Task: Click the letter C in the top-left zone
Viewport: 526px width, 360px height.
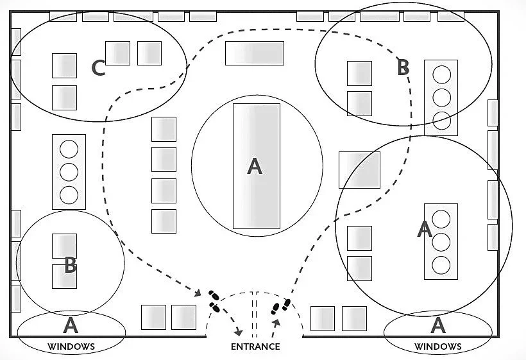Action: click(x=98, y=68)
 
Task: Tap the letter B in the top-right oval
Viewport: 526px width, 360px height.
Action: click(x=403, y=67)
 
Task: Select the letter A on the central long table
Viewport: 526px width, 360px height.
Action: click(x=255, y=166)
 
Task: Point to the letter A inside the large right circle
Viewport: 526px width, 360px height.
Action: click(x=424, y=229)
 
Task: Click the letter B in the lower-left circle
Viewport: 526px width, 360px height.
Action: click(x=71, y=266)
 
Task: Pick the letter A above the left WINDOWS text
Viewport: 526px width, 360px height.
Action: click(x=71, y=326)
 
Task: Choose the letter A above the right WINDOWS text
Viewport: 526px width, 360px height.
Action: click(x=438, y=325)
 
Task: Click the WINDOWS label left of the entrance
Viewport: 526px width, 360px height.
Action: click(x=71, y=347)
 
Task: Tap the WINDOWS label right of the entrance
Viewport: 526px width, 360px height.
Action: click(x=438, y=347)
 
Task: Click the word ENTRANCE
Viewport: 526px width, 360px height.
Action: click(x=255, y=347)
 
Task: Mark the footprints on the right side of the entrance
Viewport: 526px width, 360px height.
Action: click(x=282, y=306)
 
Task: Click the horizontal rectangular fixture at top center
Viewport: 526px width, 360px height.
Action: click(x=254, y=53)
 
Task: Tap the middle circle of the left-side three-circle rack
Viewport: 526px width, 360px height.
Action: click(x=69, y=171)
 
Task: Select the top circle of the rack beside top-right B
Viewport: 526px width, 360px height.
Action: click(x=441, y=74)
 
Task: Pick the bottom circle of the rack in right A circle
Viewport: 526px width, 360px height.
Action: click(x=441, y=264)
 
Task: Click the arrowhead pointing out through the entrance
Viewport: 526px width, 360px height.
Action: click(x=239, y=332)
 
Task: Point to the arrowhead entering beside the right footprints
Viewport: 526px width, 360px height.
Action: click(x=275, y=321)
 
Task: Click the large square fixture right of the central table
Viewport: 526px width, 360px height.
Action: click(x=360, y=169)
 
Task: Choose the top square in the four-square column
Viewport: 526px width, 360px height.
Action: click(x=164, y=129)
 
